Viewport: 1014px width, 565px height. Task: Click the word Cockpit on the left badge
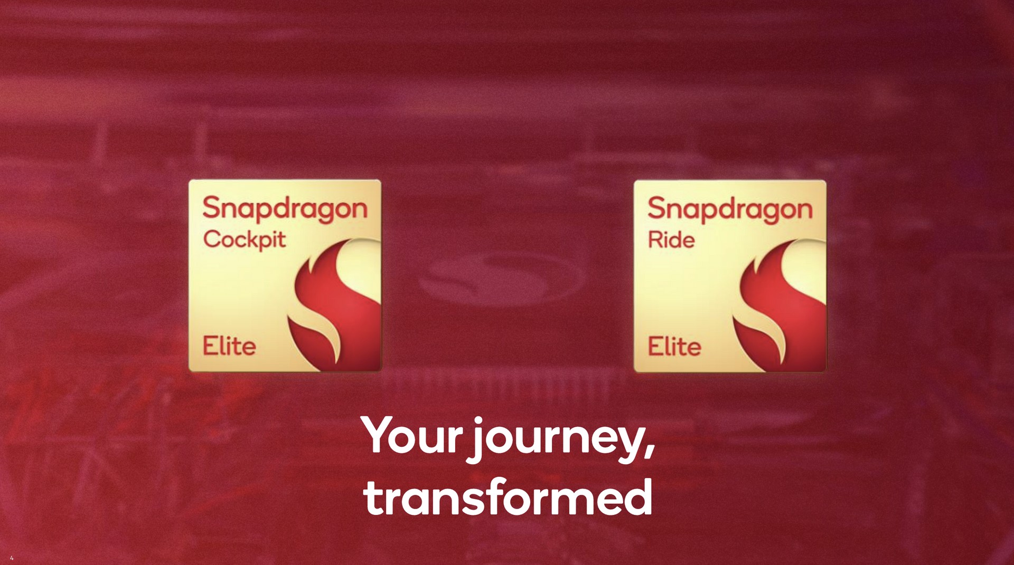pyautogui.click(x=244, y=241)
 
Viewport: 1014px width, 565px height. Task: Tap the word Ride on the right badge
pyautogui.click(x=671, y=240)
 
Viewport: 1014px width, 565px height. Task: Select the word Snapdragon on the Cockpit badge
pyautogui.click(x=285, y=209)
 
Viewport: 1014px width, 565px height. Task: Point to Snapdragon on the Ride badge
pyautogui.click(x=730, y=209)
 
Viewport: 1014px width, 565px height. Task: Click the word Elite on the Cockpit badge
pyautogui.click(x=229, y=346)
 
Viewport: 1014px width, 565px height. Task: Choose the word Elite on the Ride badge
pyautogui.click(x=674, y=347)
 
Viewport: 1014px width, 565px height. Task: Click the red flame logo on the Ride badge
pyautogui.click(x=780, y=303)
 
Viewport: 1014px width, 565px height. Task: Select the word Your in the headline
pyautogui.click(x=412, y=436)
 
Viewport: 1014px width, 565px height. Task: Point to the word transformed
pyautogui.click(x=508, y=497)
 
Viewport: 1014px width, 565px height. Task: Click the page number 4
pyautogui.click(x=12, y=558)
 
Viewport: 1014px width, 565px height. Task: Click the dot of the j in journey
pyautogui.click(x=478, y=421)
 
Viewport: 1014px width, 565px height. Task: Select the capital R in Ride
pyautogui.click(x=656, y=240)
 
